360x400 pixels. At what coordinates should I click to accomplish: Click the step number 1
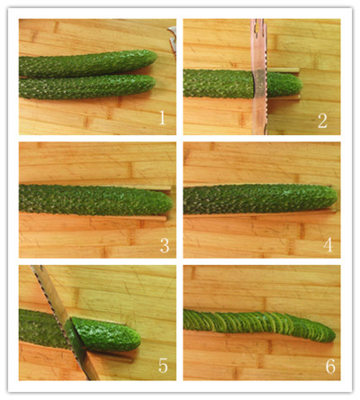coord(162,118)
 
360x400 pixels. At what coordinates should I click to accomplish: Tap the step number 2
coord(322,121)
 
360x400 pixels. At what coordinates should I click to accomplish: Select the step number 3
coord(165,245)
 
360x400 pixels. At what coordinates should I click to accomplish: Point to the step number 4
coord(328,245)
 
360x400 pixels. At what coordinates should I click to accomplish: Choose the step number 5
coord(163,366)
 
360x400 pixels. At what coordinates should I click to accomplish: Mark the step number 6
coord(330,367)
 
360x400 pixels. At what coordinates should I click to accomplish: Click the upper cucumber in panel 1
coord(88,63)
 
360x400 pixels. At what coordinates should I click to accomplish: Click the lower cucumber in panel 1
coord(87,87)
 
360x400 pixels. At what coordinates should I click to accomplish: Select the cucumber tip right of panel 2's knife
coord(284,85)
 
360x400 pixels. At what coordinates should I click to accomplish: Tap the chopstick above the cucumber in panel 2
coord(283,70)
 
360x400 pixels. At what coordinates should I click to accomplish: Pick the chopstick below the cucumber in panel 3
coord(93,216)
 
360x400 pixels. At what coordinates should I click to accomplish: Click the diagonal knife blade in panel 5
coord(66,323)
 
